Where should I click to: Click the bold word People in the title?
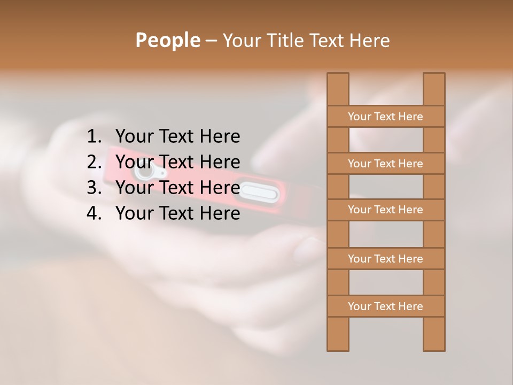point(167,41)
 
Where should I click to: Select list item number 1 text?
point(177,137)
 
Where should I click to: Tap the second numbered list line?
point(177,162)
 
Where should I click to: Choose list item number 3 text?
point(177,188)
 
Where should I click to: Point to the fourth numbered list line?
point(177,213)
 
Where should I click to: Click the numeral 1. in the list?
point(94,137)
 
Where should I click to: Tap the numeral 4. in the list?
point(94,213)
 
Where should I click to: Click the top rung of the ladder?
point(385,117)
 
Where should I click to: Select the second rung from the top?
point(385,164)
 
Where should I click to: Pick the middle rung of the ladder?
point(385,210)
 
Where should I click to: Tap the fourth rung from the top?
point(385,259)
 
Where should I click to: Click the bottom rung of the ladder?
point(385,306)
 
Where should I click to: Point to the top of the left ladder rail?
point(338,80)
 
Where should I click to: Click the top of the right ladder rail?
point(434,80)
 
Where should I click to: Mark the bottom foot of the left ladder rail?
point(338,342)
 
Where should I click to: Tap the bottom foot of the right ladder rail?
point(434,342)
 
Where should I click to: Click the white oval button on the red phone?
point(259,191)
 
